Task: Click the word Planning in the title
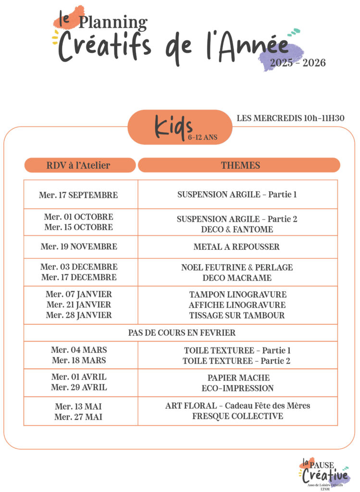tap(113, 23)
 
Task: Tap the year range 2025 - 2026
tap(298, 63)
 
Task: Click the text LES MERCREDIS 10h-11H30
tap(290, 118)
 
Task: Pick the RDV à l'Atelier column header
tap(78, 165)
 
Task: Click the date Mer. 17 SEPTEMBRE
tap(78, 195)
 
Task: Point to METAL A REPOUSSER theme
tap(236, 247)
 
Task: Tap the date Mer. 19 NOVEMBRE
tap(79, 247)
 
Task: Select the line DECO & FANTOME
tap(237, 230)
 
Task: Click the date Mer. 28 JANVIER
tap(79, 315)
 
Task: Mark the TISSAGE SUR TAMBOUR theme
tap(237, 316)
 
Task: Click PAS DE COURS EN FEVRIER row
tap(181, 332)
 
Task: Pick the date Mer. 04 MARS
tap(79, 350)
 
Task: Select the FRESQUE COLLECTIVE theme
tap(237, 417)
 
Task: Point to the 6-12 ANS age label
tap(203, 137)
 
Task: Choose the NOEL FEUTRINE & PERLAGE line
tap(237, 267)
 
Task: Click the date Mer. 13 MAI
tap(78, 406)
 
